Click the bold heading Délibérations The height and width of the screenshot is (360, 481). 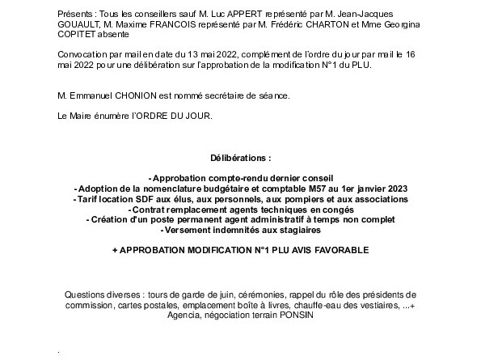coord(240,159)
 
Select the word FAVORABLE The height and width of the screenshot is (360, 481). coord(338,251)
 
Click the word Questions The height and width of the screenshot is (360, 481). coord(84,294)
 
